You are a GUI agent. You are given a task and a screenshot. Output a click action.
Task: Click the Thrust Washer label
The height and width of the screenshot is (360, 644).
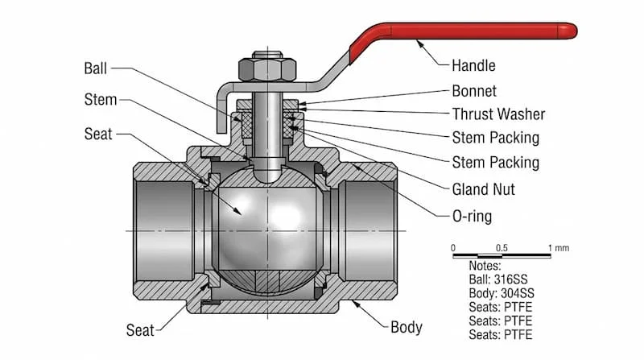tap(498, 114)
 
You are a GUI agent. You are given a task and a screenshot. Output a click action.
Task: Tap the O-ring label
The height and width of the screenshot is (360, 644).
tap(472, 216)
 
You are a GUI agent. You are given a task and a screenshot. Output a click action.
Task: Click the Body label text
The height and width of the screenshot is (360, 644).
tap(407, 328)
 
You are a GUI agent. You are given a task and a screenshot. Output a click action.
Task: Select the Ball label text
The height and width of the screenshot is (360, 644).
tap(95, 68)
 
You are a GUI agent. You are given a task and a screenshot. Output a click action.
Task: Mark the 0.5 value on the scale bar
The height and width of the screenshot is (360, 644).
tap(502, 247)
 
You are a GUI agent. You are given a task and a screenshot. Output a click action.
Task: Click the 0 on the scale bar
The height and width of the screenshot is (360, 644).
tap(453, 247)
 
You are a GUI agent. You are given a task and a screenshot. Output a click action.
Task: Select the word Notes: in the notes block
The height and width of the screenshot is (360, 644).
tap(484, 265)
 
